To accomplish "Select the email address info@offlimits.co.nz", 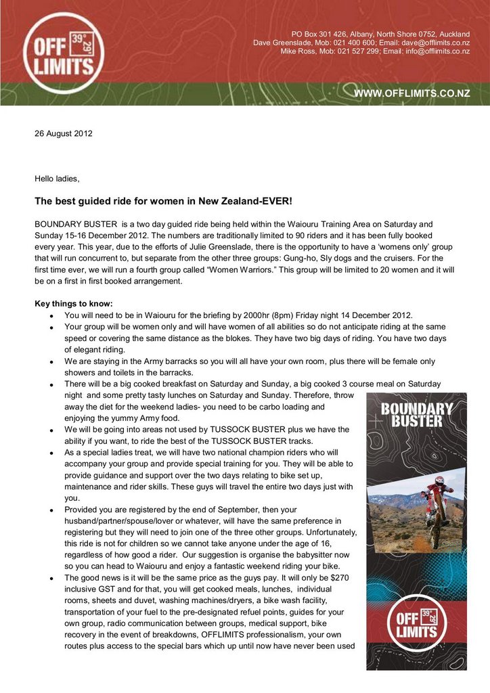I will (x=438, y=51).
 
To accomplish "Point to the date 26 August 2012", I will (x=64, y=133).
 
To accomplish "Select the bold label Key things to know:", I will (x=74, y=303).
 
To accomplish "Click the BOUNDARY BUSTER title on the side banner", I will (x=416, y=414).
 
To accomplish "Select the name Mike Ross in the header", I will (x=298, y=51).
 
